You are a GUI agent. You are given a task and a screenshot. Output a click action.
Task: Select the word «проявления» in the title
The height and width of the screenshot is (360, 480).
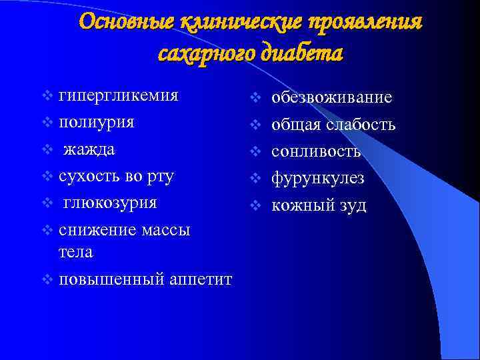coord(363,21)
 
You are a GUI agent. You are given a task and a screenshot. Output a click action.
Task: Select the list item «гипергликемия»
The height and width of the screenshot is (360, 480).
coord(119,95)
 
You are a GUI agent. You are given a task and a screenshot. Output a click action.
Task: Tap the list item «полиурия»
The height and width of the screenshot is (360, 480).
coord(97,122)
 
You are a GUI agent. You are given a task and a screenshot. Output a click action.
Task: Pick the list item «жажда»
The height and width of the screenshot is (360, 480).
coord(89,149)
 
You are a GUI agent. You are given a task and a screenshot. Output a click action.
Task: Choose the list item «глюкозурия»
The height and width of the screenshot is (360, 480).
coord(111,203)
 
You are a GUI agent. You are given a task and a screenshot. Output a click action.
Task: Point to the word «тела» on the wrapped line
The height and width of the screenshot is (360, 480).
coord(76,252)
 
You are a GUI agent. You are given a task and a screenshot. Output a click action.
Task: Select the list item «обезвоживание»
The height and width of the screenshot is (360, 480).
coord(331,98)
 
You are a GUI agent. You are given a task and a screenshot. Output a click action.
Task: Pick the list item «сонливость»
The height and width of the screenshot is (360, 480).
coord(316,151)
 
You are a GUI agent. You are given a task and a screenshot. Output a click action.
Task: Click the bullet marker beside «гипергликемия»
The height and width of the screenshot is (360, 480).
coord(47,95)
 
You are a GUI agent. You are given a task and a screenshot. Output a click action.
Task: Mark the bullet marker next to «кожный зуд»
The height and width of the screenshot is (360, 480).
coord(254,205)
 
